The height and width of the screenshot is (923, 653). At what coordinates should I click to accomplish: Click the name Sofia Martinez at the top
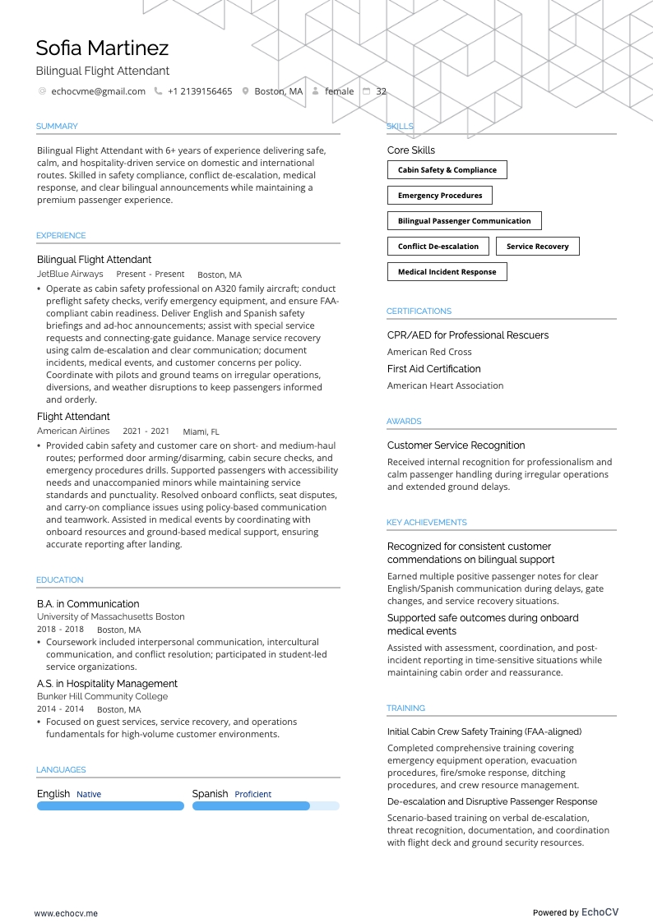[x=102, y=48]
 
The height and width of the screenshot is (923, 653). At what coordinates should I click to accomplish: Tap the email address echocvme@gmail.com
[x=98, y=91]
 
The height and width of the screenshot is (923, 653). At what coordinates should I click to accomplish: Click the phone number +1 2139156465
[x=199, y=91]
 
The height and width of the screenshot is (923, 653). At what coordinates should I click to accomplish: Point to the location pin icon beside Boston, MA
[x=245, y=91]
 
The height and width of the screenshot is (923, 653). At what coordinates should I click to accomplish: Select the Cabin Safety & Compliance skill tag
[x=447, y=170]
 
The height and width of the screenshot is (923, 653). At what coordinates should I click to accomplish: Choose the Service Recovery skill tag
[x=537, y=247]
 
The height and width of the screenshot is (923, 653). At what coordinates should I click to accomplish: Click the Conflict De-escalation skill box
[x=438, y=247]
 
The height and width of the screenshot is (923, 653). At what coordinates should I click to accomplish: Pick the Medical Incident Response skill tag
[x=447, y=272]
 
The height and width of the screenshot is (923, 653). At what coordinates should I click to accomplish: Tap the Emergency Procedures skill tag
[x=440, y=196]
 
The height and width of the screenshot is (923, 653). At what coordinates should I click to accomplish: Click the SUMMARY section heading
[x=57, y=127]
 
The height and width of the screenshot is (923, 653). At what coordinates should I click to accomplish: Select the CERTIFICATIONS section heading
[x=419, y=312]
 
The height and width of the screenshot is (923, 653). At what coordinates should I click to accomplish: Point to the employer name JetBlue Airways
[x=70, y=274]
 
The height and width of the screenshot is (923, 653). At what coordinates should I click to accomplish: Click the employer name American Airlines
[x=73, y=431]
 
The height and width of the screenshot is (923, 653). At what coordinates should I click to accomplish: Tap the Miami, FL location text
[x=201, y=432]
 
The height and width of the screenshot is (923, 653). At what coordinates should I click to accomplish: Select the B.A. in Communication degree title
[x=88, y=604]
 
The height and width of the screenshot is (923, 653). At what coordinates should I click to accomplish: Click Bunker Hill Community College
[x=102, y=696]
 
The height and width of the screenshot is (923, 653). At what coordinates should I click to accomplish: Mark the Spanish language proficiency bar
[x=265, y=806]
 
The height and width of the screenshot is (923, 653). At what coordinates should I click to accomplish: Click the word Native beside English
[x=89, y=795]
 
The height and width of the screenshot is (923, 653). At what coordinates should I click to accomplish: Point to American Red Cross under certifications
[x=429, y=352]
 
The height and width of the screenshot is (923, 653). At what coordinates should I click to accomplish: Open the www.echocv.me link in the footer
[x=66, y=912]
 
